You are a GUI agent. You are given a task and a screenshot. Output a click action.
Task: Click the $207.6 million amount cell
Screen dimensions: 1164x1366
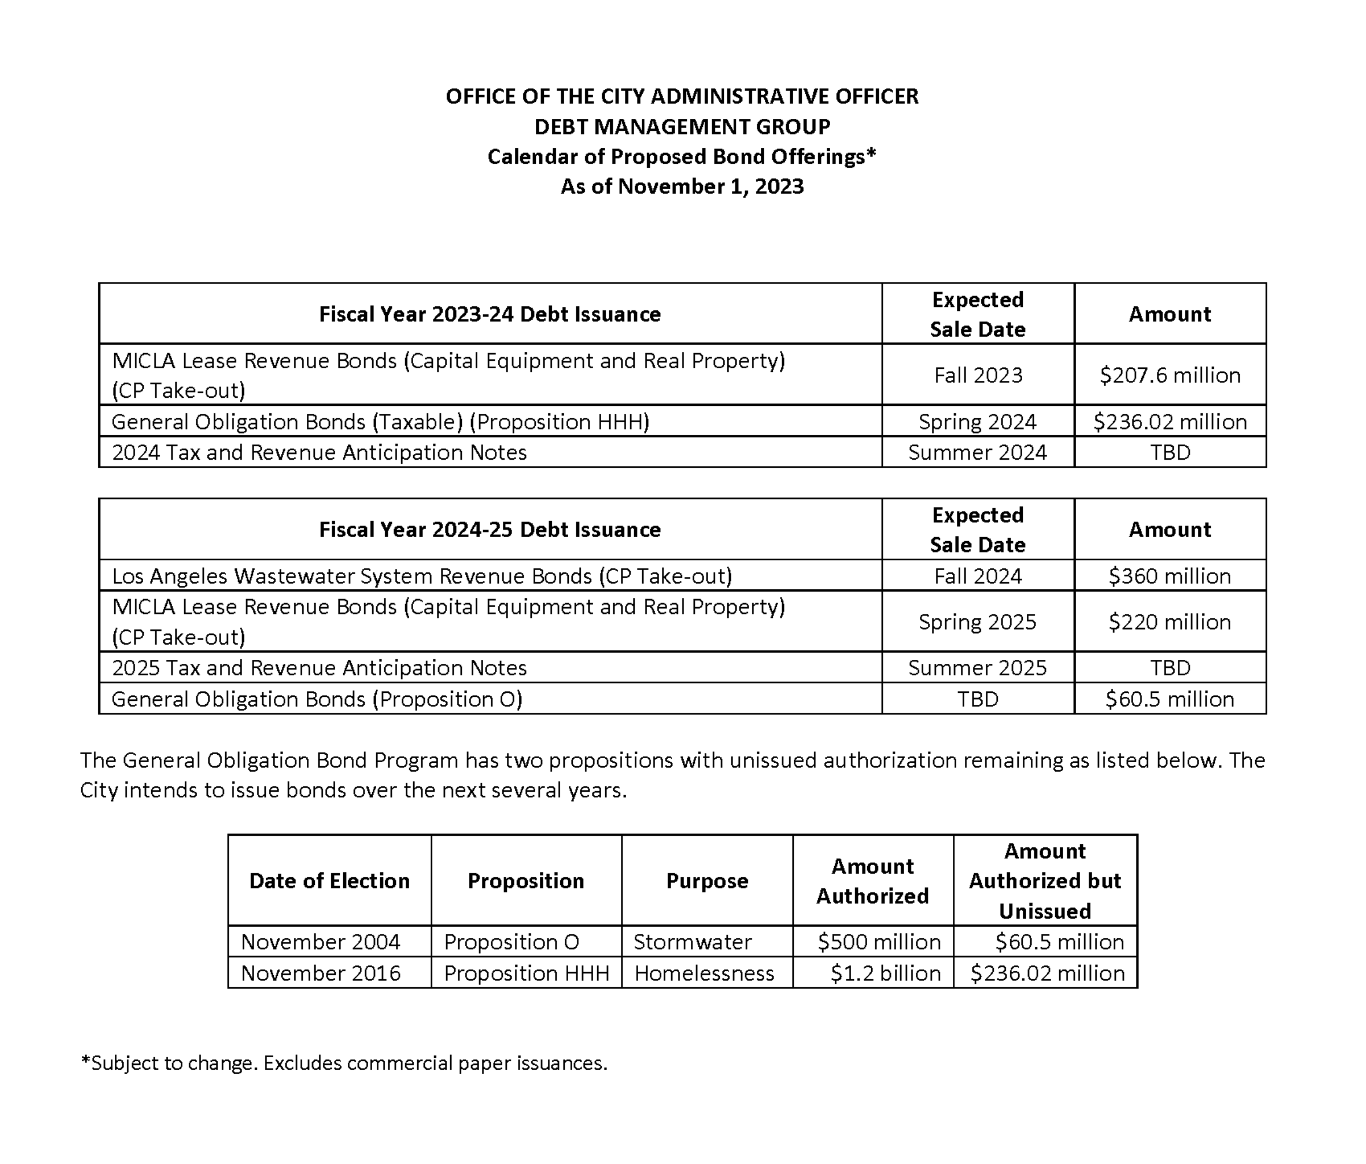tap(1169, 375)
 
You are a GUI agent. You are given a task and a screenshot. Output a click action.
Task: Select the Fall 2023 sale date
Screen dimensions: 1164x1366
tap(978, 375)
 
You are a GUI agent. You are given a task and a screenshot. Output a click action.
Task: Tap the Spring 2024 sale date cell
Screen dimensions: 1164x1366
tap(978, 421)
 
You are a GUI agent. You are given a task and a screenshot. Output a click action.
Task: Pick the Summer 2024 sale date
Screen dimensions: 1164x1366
tap(978, 452)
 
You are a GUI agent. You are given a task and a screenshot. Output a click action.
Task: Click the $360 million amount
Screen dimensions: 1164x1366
tap(1169, 576)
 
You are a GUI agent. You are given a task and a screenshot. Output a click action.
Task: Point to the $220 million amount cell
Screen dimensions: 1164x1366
tap(1169, 622)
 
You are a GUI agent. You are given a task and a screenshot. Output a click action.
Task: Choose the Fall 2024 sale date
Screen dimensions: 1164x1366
tap(978, 576)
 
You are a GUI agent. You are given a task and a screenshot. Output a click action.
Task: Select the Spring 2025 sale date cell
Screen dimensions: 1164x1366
tap(978, 622)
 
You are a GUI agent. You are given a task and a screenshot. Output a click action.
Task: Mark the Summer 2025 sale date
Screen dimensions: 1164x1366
tap(978, 667)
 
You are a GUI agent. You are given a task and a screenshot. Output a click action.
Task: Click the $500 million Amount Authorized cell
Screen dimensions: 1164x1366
tap(879, 942)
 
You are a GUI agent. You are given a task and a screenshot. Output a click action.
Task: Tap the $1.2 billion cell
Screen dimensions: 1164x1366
tap(885, 974)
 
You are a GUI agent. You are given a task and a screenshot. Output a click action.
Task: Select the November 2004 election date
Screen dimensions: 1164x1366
tap(320, 942)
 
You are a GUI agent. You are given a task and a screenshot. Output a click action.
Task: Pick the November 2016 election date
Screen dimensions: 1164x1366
tap(320, 974)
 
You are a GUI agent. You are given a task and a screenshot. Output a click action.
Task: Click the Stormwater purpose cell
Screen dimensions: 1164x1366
tap(692, 942)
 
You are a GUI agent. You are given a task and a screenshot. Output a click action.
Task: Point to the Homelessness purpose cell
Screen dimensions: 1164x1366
tap(704, 974)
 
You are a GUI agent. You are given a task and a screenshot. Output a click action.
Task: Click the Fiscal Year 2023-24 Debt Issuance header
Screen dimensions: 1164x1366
tap(490, 314)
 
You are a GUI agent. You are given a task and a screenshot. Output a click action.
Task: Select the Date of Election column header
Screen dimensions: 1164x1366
tap(329, 881)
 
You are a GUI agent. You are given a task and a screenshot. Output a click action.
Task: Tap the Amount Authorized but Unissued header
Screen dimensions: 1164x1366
tap(1045, 881)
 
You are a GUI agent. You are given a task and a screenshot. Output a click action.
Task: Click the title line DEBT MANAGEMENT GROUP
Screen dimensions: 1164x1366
tap(682, 127)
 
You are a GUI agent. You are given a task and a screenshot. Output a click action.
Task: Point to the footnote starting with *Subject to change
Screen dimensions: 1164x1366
tap(343, 1063)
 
